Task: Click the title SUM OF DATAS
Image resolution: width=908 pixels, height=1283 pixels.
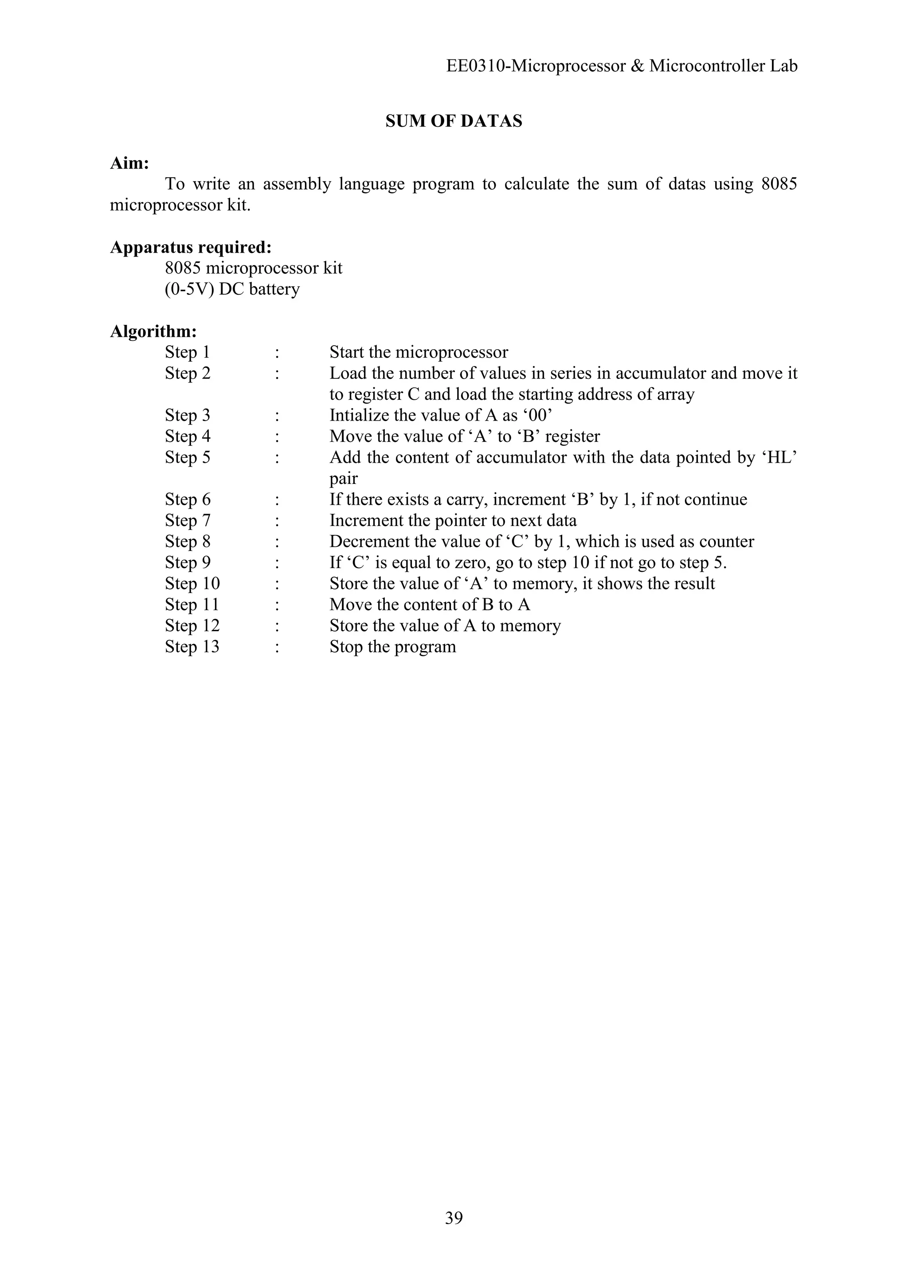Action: [454, 121]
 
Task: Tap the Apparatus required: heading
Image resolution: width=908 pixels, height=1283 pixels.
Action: [191, 247]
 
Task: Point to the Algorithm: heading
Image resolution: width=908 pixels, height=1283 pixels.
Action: [153, 331]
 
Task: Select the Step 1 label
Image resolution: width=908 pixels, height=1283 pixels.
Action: [187, 353]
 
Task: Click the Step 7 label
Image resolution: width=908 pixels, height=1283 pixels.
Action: [187, 521]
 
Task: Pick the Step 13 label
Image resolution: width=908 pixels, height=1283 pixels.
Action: [192, 647]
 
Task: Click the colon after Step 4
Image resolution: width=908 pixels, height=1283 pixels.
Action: [277, 437]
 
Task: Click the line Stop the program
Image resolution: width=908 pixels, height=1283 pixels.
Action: [392, 647]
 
